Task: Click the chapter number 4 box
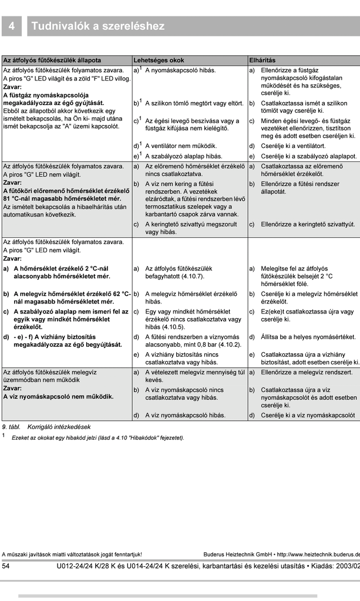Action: pos(12,26)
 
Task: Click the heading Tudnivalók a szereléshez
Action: pos(98,26)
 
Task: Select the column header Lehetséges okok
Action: pos(159,60)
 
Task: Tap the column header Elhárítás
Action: pos(262,60)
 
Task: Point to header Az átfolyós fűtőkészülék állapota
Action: pos(52,60)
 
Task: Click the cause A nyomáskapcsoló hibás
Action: pos(172,70)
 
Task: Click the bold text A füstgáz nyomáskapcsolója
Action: pos(46,94)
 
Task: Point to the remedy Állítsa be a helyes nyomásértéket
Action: pos(308,337)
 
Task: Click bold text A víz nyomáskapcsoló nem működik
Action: pos(59,396)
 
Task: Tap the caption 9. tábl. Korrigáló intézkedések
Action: pos(47,427)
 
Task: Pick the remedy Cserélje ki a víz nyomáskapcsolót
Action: pos(308,415)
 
